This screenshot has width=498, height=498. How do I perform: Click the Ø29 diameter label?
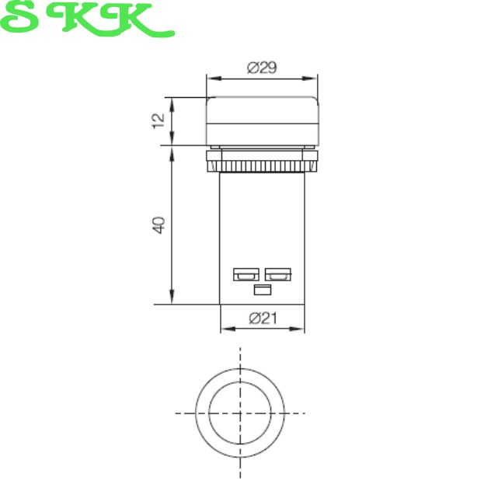(262, 68)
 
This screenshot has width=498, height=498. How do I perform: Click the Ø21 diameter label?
(263, 319)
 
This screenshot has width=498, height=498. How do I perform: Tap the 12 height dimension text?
(158, 120)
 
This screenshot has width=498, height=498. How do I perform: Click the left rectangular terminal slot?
(246, 274)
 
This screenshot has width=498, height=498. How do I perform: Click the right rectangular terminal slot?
(278, 274)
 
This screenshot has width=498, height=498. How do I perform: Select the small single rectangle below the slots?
(263, 290)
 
